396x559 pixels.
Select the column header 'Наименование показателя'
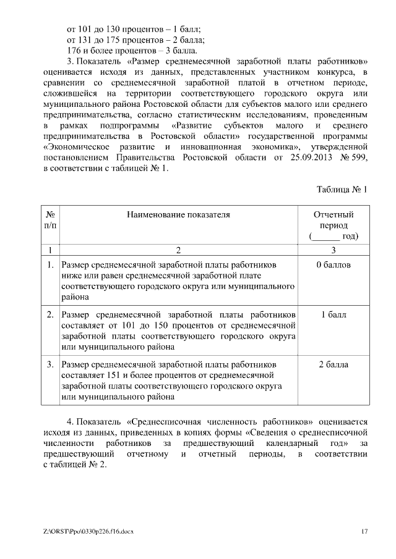178,215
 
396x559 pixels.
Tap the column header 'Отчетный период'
334,225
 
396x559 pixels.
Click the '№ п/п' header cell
50,220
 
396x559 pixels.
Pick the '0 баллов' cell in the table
334,265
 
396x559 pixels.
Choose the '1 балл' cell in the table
334,315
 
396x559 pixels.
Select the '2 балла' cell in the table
334,364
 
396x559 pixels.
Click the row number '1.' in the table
50,265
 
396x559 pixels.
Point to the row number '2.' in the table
50,315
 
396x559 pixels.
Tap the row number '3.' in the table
50,364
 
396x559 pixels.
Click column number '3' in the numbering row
334,250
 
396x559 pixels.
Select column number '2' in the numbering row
178,250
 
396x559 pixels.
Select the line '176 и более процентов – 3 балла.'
132,51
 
